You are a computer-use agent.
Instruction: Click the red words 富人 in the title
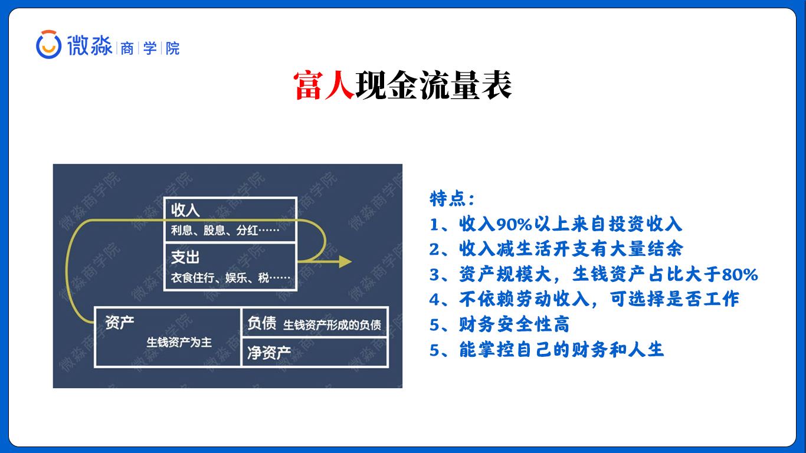click(324, 86)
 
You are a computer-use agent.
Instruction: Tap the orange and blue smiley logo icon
click(48, 44)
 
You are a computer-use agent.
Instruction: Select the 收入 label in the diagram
click(185, 210)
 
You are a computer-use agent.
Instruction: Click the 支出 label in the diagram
click(185, 258)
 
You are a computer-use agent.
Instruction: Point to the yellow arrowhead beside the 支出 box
click(345, 261)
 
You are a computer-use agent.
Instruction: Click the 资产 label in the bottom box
click(119, 323)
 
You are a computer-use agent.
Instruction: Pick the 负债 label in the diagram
click(261, 323)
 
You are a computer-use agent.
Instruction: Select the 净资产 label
click(269, 353)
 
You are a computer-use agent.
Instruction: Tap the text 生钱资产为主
click(179, 342)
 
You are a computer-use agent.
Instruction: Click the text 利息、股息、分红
click(214, 230)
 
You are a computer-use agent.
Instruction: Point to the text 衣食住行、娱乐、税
click(219, 278)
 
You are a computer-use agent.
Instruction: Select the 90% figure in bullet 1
click(514, 224)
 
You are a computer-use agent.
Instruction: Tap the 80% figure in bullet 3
click(740, 274)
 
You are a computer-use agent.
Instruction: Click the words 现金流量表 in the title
click(434, 86)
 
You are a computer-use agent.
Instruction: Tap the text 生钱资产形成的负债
click(332, 325)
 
